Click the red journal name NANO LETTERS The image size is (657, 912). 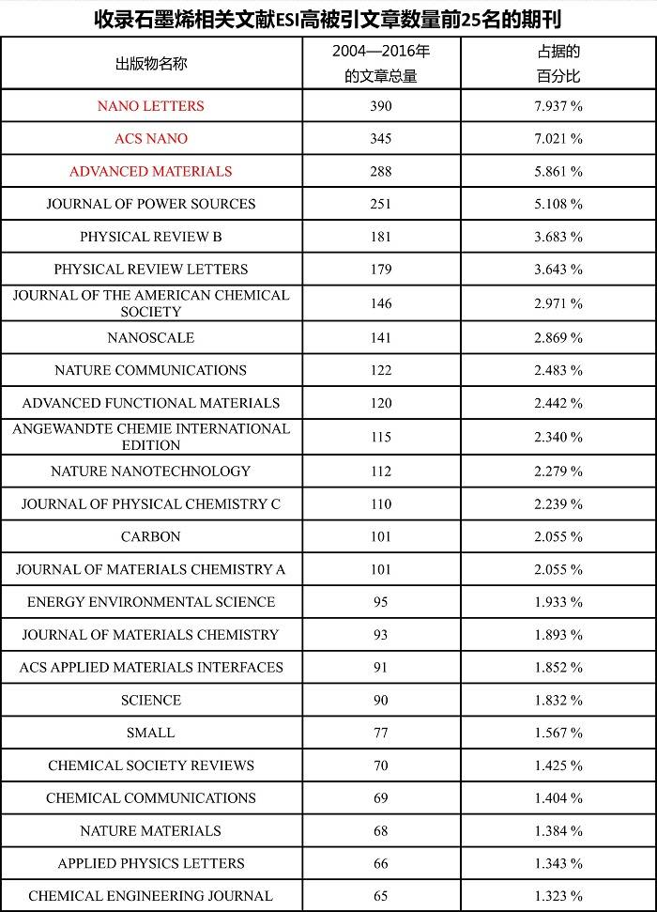(150, 106)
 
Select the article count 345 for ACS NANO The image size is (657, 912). (381, 139)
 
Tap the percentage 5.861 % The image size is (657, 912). (558, 172)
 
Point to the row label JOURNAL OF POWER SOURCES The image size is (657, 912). (150, 204)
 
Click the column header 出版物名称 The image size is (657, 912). (150, 63)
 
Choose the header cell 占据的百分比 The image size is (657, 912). (558, 63)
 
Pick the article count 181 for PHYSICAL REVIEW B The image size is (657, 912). (381, 237)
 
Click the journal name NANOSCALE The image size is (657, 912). (150, 338)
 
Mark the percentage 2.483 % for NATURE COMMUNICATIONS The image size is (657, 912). (558, 371)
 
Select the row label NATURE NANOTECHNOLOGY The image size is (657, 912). (150, 471)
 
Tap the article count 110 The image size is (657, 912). (381, 504)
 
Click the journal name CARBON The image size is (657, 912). (150, 537)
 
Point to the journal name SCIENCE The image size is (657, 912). (150, 701)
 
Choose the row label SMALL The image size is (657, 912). (150, 733)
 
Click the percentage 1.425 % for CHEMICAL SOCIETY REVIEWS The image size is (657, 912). (558, 765)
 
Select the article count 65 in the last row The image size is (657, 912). (381, 896)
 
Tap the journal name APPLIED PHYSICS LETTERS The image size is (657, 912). (150, 864)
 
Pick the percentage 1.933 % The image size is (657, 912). (558, 602)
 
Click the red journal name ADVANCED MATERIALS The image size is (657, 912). (150, 172)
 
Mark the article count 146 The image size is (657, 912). (381, 303)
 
